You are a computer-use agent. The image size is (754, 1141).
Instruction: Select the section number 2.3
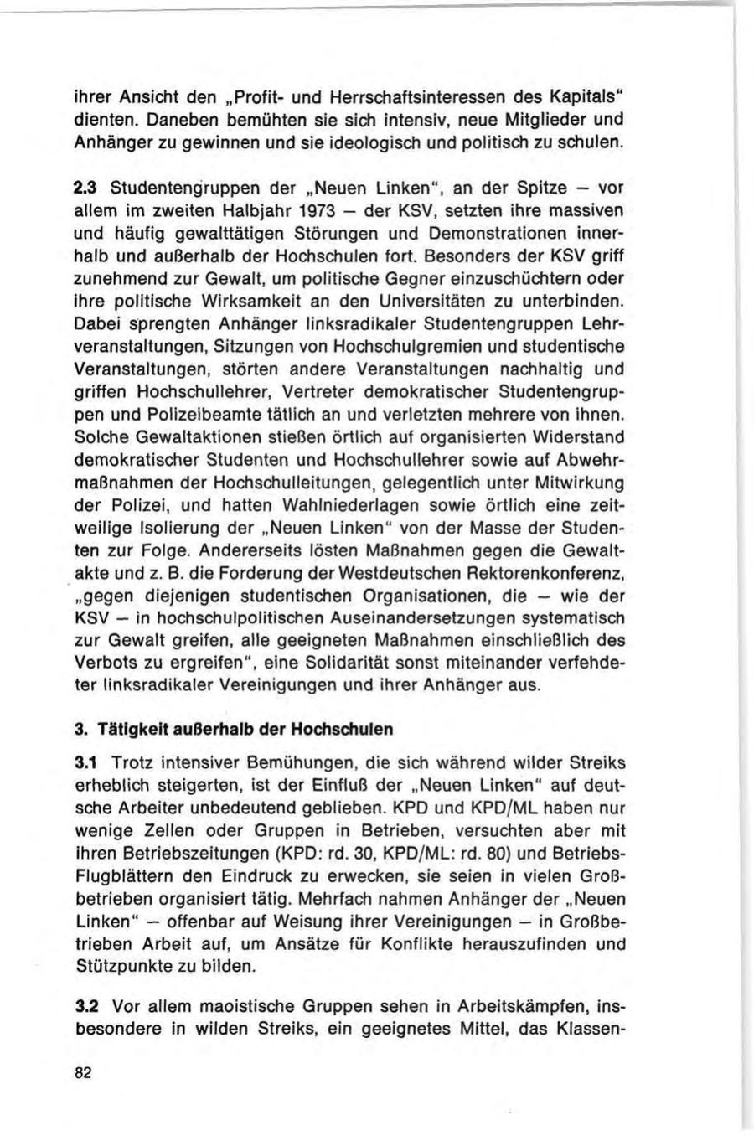pos(85,186)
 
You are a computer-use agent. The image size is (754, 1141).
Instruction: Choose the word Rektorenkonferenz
pos(551,573)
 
